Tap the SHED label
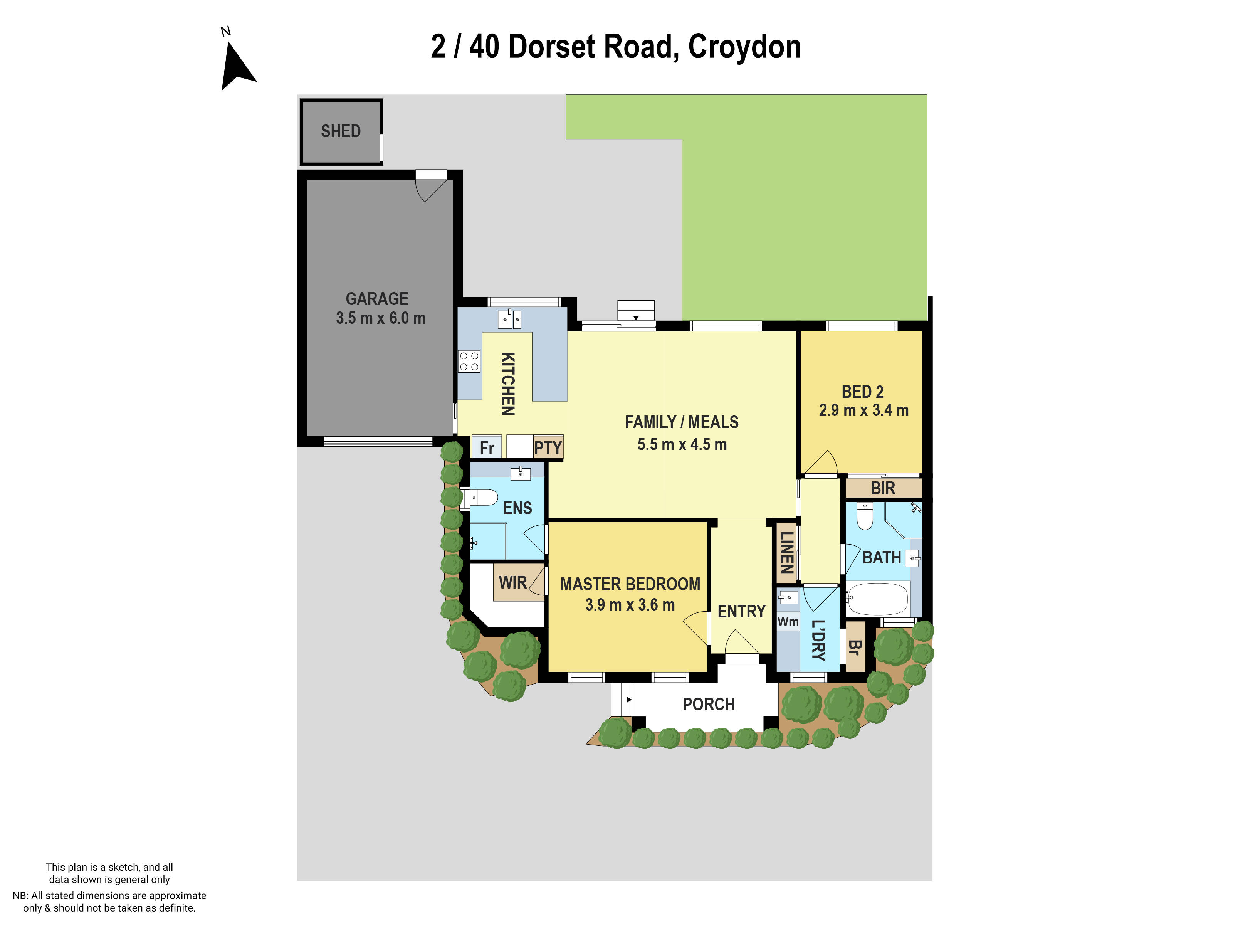click(341, 131)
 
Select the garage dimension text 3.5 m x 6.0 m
click(380, 318)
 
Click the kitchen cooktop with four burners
click(469, 361)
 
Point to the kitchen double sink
click(509, 320)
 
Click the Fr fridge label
click(487, 448)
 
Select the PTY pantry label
click(548, 448)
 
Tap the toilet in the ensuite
click(484, 497)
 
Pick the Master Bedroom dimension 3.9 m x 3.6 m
click(630, 605)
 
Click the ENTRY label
click(741, 612)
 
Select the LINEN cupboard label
click(786, 553)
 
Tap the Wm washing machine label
click(788, 622)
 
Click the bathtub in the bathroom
click(877, 599)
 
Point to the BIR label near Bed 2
click(883, 488)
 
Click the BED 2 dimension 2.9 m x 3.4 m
click(863, 410)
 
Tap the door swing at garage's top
click(432, 188)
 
